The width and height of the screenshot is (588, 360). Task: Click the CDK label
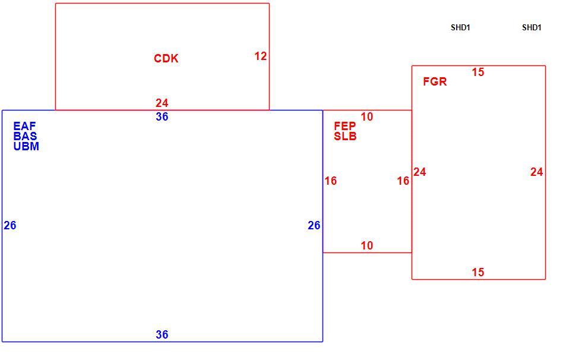tap(166, 58)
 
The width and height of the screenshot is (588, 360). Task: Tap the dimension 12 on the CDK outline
tap(261, 56)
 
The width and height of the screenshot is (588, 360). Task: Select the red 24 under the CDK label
tap(162, 103)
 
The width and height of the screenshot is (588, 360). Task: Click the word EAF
tap(24, 126)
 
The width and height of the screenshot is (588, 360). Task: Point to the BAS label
tap(25, 136)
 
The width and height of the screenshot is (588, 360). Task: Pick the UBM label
tap(26, 146)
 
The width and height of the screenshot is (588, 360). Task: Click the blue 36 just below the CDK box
tap(162, 117)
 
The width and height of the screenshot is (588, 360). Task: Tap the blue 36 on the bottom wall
tap(162, 334)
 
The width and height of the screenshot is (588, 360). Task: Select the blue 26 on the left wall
tap(10, 225)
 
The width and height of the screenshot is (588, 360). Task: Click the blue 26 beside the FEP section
tap(314, 225)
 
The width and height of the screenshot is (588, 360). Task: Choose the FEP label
tap(345, 126)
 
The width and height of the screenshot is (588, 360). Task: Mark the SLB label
tap(345, 137)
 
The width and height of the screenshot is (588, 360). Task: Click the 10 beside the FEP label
tap(367, 117)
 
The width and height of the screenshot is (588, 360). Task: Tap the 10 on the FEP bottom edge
tap(367, 245)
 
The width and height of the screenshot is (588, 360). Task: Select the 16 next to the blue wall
tap(331, 181)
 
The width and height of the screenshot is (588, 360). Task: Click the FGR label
tap(435, 82)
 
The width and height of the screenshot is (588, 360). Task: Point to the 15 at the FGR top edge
tap(478, 72)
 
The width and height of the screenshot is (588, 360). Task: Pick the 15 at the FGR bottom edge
tap(478, 272)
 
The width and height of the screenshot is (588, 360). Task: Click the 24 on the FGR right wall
tap(537, 172)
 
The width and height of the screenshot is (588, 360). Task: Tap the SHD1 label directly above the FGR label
tap(460, 27)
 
